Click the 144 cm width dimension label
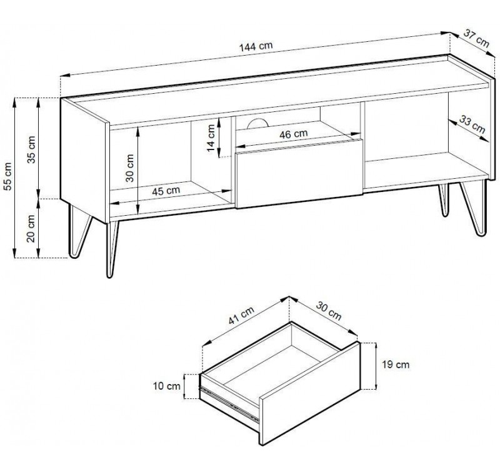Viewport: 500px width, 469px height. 256,46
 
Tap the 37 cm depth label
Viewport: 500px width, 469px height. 476,38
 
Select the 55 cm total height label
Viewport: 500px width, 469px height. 7,176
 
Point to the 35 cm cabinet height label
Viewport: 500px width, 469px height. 32,149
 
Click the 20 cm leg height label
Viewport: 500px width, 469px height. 31,228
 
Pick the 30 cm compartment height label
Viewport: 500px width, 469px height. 130,168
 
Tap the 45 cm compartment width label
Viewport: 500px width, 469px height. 166,191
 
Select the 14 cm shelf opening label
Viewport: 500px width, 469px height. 211,138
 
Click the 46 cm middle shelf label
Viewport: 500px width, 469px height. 294,134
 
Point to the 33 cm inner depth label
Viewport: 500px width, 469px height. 472,124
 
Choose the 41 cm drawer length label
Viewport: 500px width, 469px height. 241,316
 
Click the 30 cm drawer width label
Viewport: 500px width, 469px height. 329,310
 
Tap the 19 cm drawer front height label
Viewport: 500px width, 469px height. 396,365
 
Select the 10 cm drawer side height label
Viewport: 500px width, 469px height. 167,386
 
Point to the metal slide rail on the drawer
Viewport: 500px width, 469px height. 229,403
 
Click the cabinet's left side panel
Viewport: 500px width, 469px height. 83,160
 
